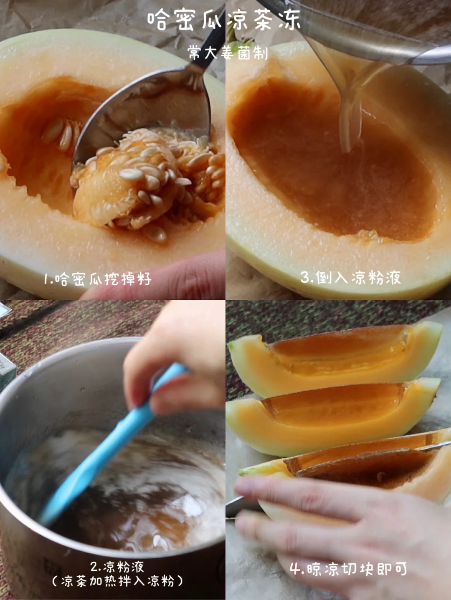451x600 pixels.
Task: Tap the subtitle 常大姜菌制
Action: click(x=228, y=53)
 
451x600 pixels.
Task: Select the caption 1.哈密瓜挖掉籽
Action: click(x=98, y=279)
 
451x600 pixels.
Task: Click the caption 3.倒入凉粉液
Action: click(x=350, y=277)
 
